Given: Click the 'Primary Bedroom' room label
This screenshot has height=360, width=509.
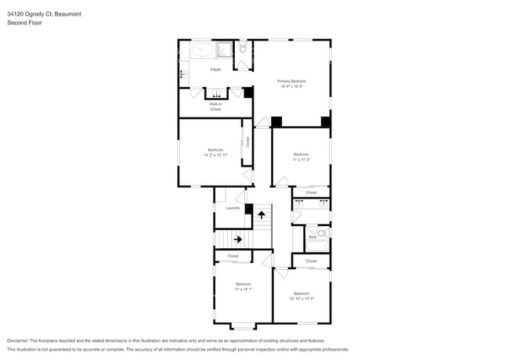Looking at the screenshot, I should pos(291,81).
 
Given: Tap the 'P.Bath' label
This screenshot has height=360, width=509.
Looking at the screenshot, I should pos(215,70).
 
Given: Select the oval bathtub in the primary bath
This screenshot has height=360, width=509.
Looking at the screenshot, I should pos(203,51).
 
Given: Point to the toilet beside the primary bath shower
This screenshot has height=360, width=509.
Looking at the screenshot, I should pos(243,49).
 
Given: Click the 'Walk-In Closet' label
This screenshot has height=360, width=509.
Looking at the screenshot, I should pos(215,106).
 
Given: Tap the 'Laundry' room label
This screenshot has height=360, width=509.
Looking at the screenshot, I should pos(233,207).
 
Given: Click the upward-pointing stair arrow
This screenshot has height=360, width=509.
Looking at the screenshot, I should pos(262,214).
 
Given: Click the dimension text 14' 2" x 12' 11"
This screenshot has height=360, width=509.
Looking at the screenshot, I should pos(215,155).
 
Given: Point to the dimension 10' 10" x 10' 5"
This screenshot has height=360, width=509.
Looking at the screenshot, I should pos(301,298).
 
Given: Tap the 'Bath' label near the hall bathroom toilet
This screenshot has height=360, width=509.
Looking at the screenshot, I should pos(312,237).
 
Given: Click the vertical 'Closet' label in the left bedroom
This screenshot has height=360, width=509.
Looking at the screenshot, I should pos(247,142).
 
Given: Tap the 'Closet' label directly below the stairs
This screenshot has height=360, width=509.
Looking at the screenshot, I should pos(233,257).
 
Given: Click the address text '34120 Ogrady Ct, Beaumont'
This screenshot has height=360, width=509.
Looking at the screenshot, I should pos(43,14).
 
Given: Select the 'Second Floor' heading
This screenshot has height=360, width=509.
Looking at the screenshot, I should pos(24,23).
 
